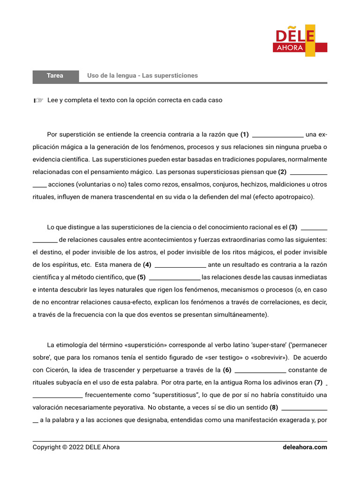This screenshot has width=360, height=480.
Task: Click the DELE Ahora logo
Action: [300, 42]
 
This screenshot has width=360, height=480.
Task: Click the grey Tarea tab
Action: [55, 75]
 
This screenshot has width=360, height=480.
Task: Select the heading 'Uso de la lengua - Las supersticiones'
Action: [142, 75]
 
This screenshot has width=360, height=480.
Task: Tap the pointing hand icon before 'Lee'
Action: [38, 100]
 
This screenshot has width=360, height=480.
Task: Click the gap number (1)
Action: [245, 135]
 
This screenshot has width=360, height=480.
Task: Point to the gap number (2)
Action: [282, 172]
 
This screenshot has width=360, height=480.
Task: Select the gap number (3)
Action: [293, 227]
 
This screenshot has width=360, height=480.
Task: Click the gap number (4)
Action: [147, 264]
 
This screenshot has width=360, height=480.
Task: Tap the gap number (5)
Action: [142, 277]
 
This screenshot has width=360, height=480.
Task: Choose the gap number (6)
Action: [227, 370]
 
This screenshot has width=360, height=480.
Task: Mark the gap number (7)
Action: [319, 382]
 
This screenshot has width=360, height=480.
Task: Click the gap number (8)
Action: [274, 407]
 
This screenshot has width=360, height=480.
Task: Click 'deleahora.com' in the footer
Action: [305, 447]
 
